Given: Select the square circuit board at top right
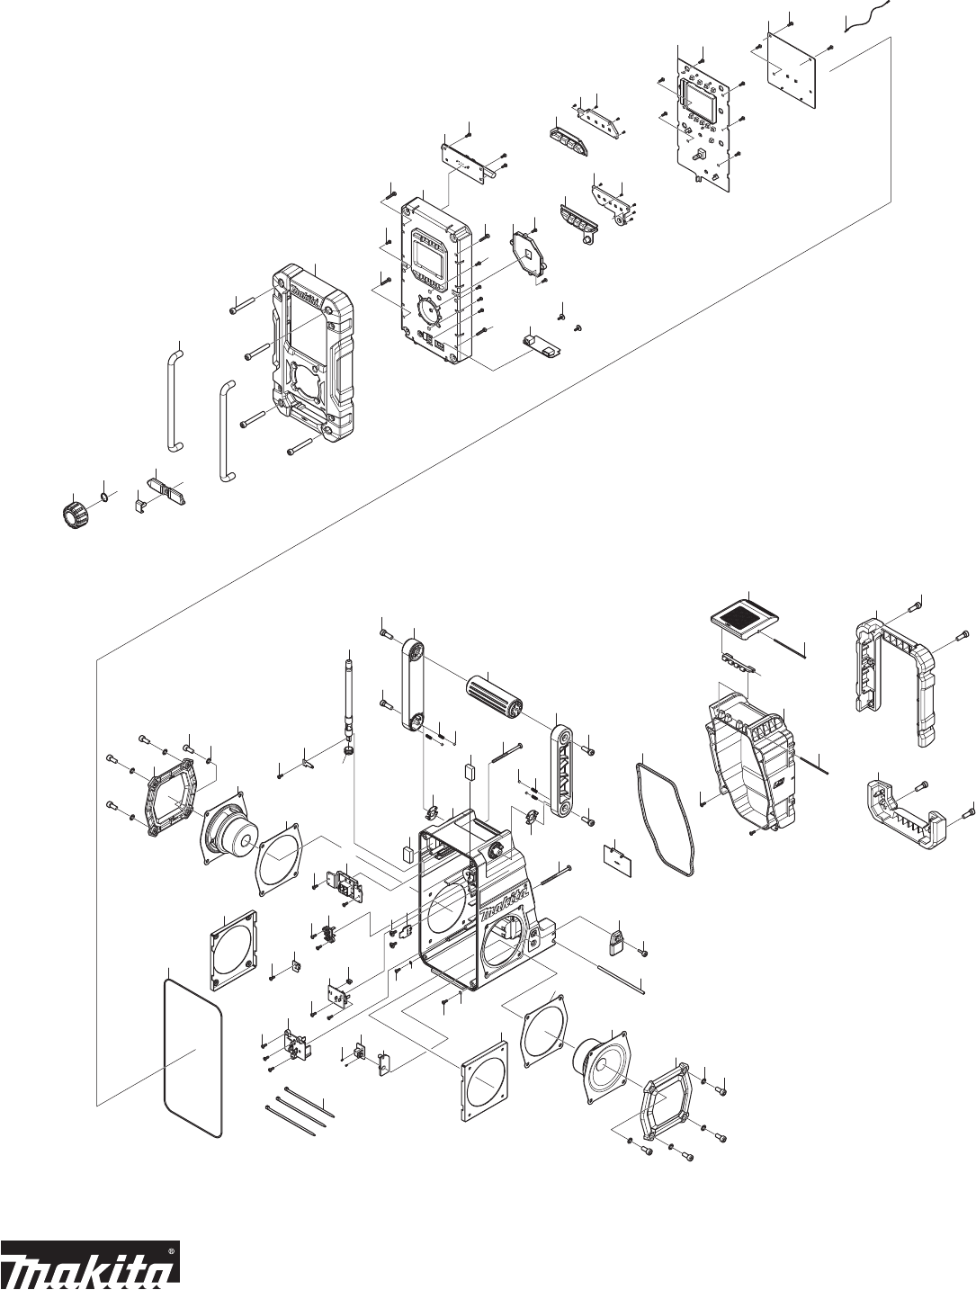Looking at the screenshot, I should (791, 76).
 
